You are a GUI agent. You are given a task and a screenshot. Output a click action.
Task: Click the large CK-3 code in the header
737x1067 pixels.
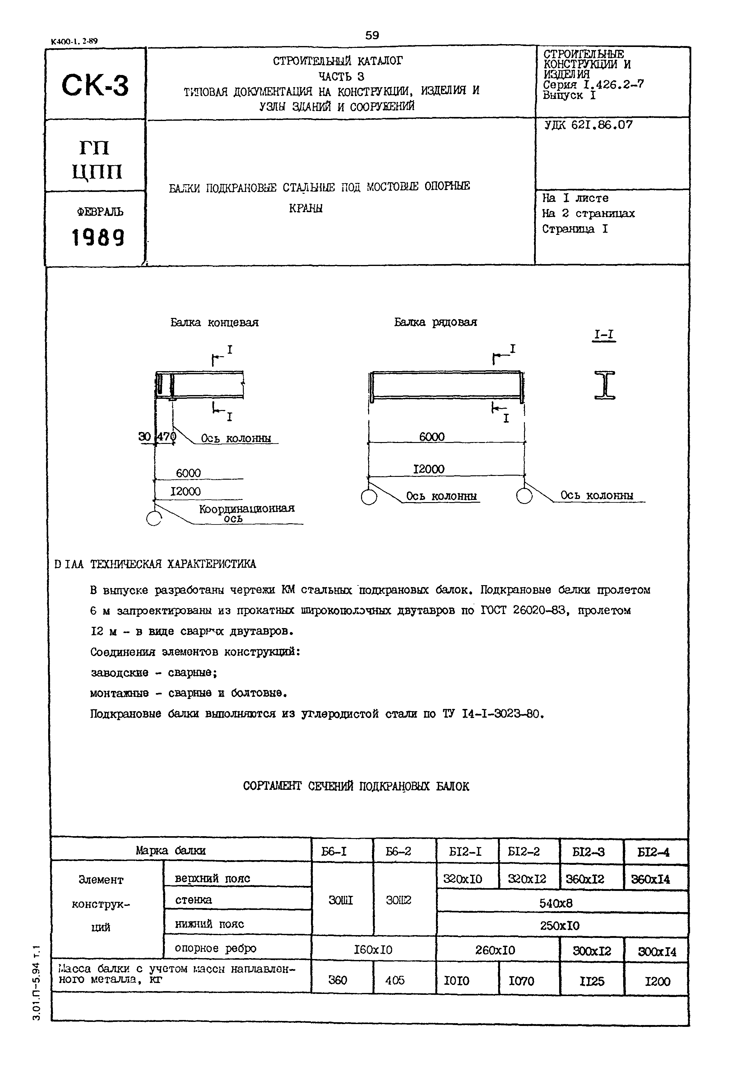[95, 86]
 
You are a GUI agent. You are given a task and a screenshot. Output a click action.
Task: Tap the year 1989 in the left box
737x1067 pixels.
[98, 238]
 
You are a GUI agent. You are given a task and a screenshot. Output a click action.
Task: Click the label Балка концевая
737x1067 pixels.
[214, 322]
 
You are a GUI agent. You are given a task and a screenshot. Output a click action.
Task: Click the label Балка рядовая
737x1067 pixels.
[435, 322]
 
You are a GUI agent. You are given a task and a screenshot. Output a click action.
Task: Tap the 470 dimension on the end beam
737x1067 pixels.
[166, 436]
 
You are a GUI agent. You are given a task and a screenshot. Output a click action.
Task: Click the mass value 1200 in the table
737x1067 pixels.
[657, 981]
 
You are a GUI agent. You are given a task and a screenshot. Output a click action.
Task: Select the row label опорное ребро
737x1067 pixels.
[215, 948]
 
